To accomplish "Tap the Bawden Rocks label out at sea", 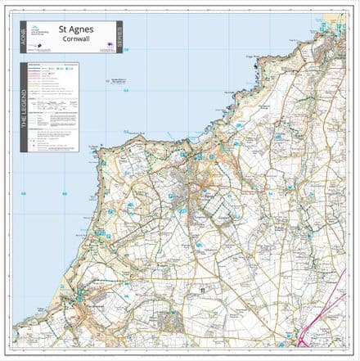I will coord(118,80).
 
